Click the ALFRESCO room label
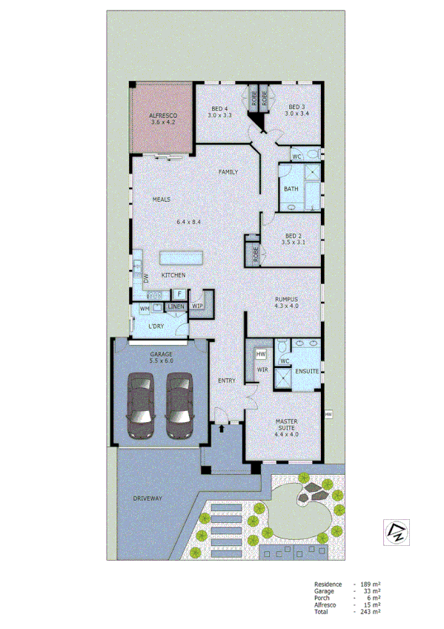point(162,117)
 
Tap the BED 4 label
point(219,107)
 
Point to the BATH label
point(291,189)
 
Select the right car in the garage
point(179,404)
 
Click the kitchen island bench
point(181,257)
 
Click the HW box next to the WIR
point(261,354)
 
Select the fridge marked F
point(180,294)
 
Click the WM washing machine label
point(145,308)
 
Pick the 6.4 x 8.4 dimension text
point(189,222)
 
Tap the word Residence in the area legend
point(328,584)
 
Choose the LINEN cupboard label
point(176,306)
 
